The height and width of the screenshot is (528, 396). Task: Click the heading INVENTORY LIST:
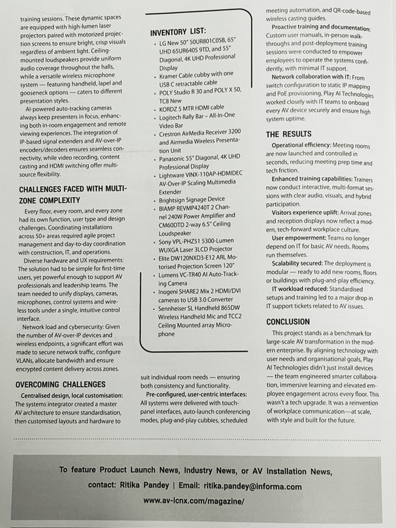pos(178,33)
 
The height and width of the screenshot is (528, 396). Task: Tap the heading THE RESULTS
pos(288,134)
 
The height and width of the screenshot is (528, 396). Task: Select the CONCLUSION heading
pos(288,322)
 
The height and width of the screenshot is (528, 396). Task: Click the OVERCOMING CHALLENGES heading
pos(60,385)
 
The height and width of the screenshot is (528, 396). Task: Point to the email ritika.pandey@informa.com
pos(253,486)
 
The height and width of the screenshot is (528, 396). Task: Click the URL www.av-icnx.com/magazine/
pos(194,501)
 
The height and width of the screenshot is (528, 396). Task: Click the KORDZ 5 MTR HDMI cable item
pos(191,107)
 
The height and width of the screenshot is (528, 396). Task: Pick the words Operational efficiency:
pos(301,145)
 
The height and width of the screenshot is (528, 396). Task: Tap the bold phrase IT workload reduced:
pos(295,289)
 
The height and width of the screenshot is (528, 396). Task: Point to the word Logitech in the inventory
pos(172,115)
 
